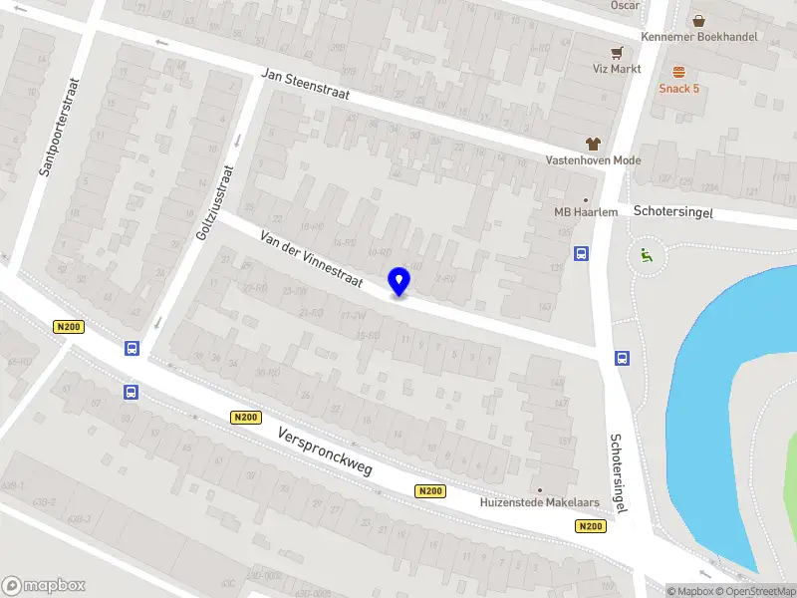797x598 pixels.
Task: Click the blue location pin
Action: (399, 281)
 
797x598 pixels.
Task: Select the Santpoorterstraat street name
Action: (59, 128)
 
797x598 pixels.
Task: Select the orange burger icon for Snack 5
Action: (679, 71)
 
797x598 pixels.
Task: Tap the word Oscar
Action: (626, 5)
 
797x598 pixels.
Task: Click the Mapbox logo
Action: (44, 585)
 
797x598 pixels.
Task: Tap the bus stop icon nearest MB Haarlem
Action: (581, 253)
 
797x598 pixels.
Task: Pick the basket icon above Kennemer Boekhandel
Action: (699, 20)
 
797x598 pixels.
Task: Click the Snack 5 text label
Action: (679, 88)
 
